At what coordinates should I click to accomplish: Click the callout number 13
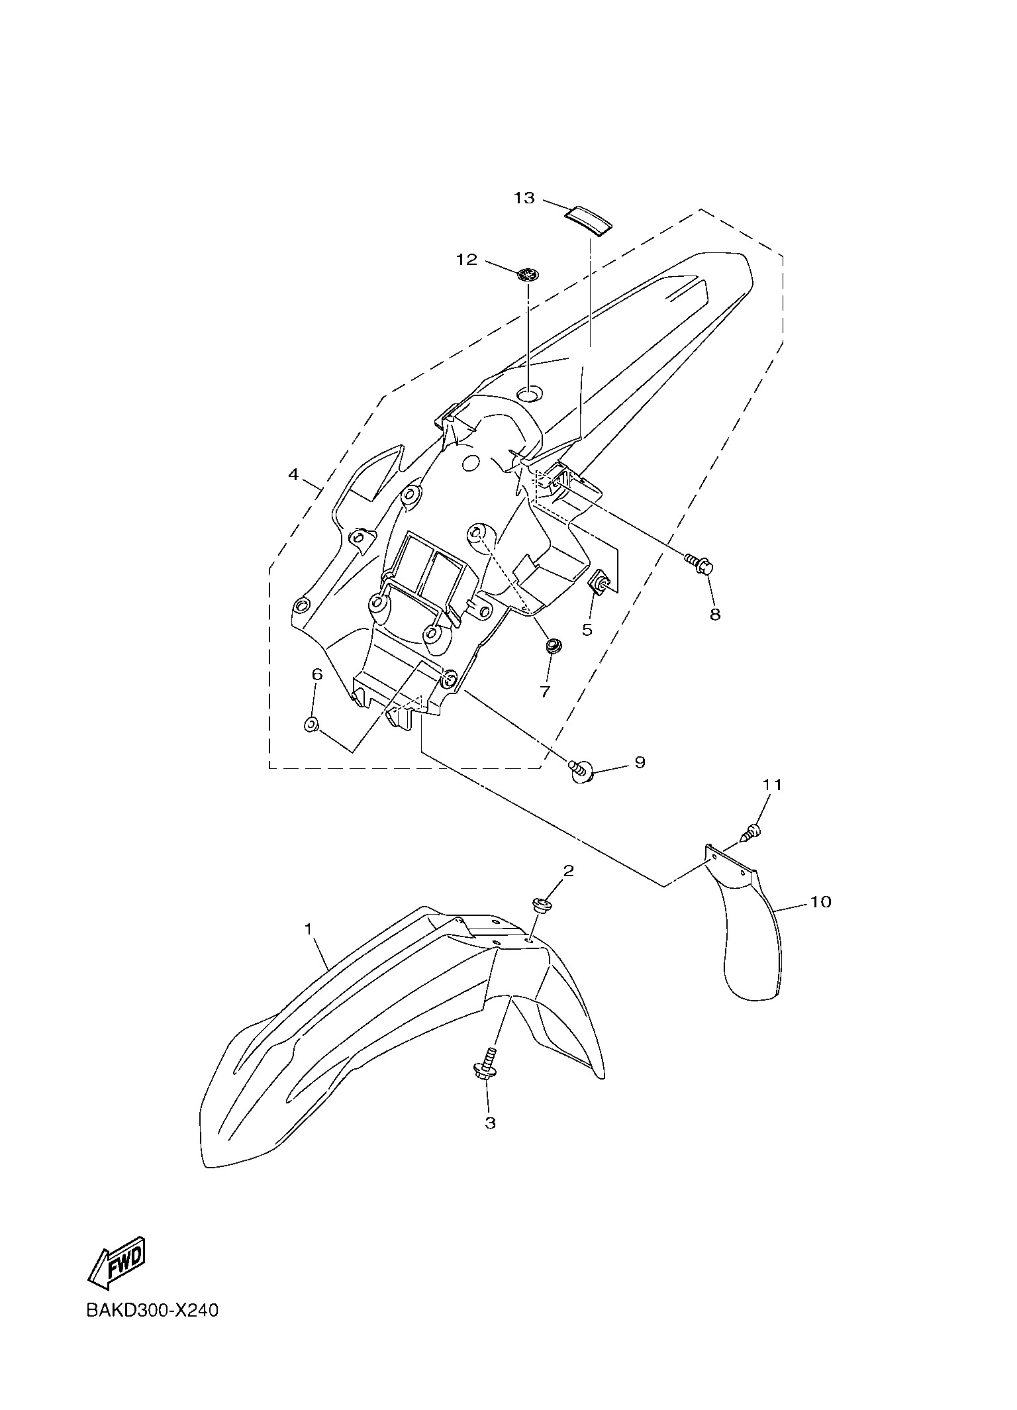(x=524, y=198)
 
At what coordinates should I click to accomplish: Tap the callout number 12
(x=467, y=260)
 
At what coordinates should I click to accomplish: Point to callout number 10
(x=820, y=902)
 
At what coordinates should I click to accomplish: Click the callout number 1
(x=309, y=930)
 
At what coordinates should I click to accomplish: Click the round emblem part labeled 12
(x=528, y=274)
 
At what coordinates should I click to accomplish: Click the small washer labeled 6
(x=311, y=725)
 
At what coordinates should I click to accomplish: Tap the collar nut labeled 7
(x=552, y=645)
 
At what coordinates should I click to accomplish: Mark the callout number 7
(x=544, y=692)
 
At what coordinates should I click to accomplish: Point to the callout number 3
(x=490, y=1123)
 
